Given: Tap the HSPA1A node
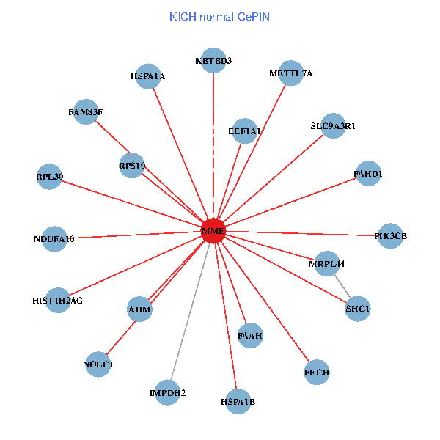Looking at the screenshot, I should [x=148, y=76].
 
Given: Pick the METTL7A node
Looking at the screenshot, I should [x=290, y=73].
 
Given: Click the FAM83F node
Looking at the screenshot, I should [x=86, y=112].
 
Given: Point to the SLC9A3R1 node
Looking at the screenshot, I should [x=333, y=126].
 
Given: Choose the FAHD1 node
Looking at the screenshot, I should [x=367, y=174].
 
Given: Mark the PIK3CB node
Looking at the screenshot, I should [x=389, y=236].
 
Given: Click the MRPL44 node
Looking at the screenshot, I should [x=326, y=263].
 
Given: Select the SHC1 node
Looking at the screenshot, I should [x=358, y=309].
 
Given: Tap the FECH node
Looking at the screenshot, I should [x=317, y=373].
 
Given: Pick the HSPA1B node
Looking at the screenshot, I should [x=238, y=401].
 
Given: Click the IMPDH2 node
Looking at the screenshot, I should [x=168, y=393].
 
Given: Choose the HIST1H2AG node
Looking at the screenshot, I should [x=59, y=300].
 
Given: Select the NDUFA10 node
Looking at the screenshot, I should [x=54, y=238].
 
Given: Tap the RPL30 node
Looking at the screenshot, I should [x=50, y=177].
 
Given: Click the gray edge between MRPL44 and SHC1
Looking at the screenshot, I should [x=342, y=286].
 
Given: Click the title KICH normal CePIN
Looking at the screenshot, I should [x=220, y=16].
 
